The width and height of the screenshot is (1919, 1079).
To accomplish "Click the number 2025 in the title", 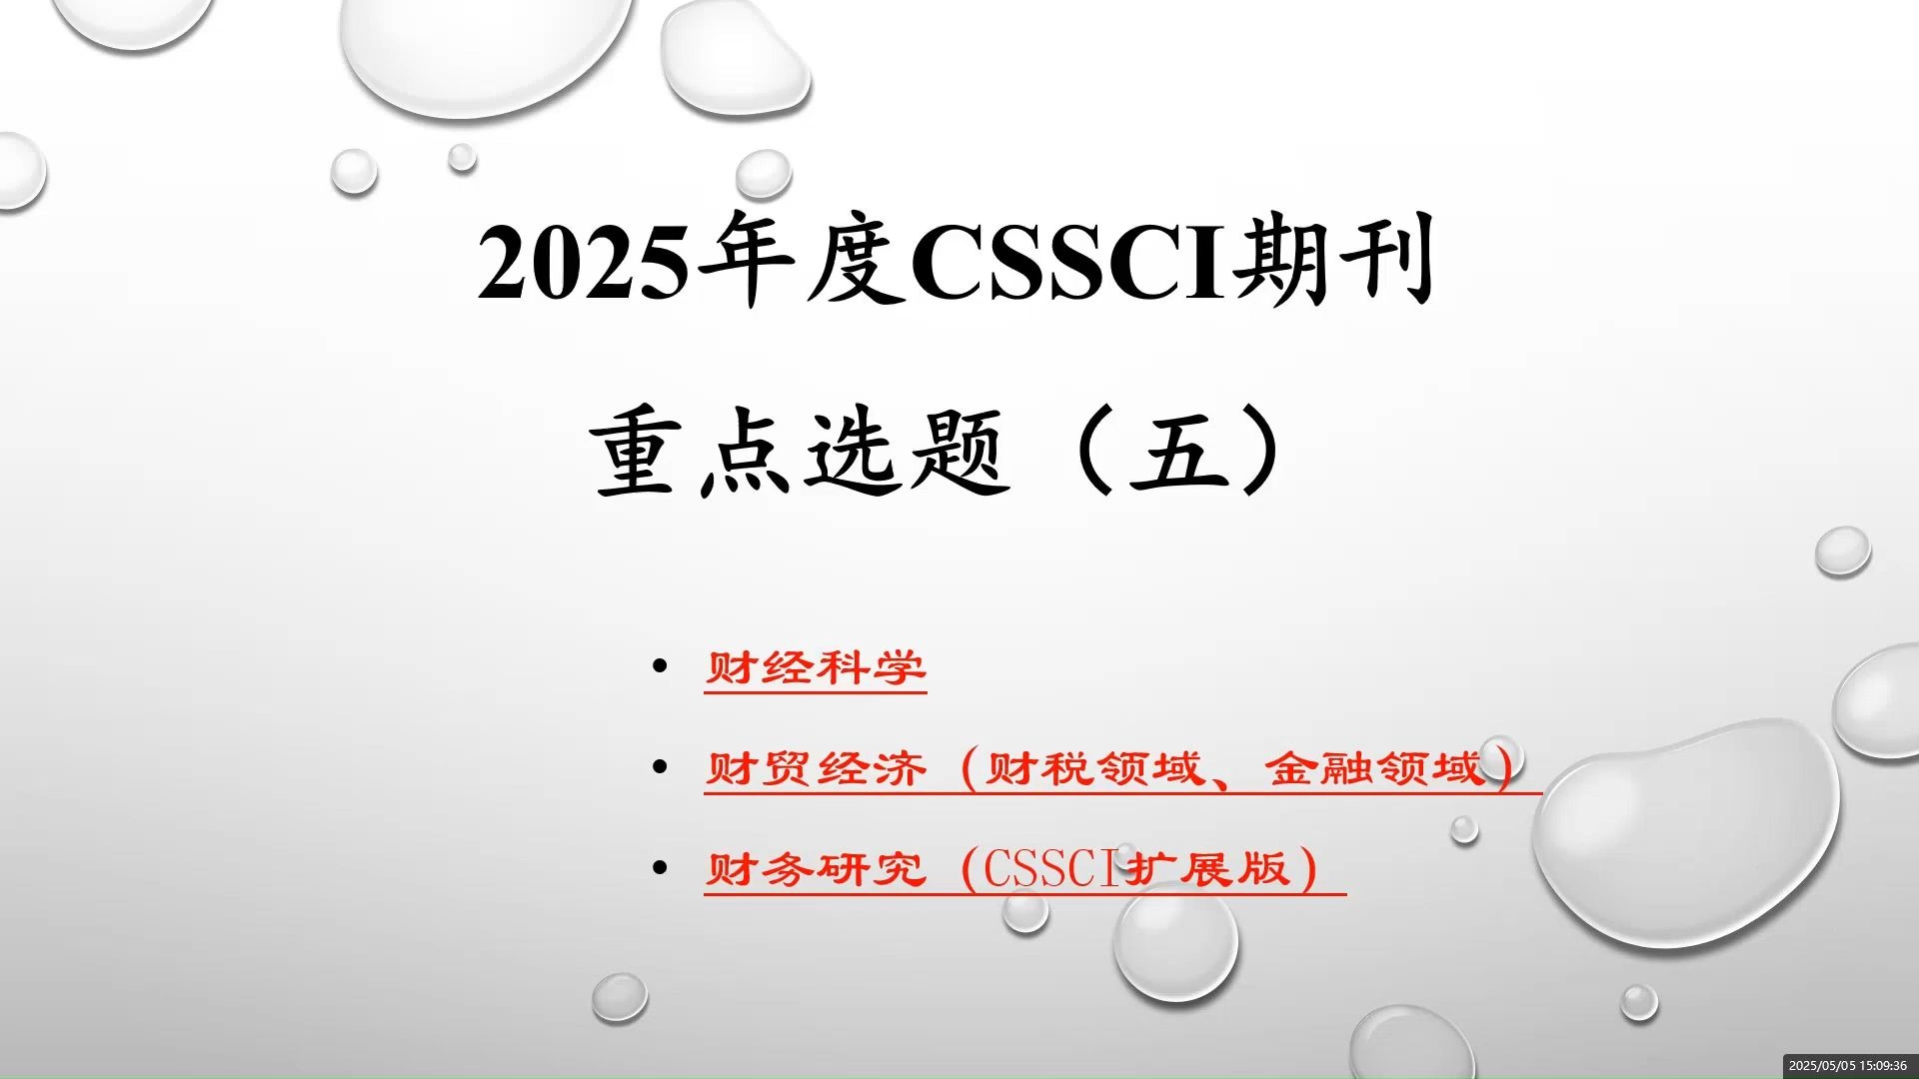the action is (583, 262).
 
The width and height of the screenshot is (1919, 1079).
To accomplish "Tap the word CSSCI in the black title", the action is (1069, 262).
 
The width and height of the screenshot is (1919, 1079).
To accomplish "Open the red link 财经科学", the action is (816, 668).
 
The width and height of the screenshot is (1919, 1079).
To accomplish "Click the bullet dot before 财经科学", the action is (659, 665).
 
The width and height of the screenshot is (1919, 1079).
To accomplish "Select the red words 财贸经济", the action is (816, 769).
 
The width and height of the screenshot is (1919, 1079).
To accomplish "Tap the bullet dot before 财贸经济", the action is (659, 766).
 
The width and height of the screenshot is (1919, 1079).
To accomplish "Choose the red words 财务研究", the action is (816, 869).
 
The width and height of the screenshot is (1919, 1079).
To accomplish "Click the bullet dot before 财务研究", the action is (659, 866).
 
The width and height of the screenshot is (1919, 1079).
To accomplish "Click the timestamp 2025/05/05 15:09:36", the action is (1847, 1066).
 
